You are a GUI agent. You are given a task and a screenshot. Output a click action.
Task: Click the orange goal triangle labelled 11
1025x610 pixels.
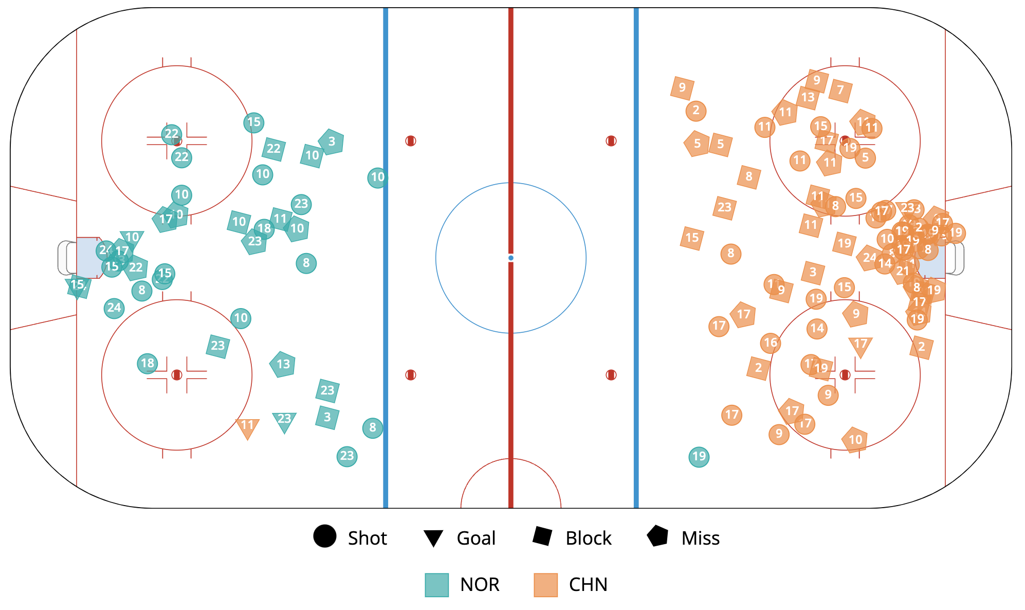[x=247, y=427]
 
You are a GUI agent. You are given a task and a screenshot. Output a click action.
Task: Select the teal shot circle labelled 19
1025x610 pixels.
[x=699, y=456]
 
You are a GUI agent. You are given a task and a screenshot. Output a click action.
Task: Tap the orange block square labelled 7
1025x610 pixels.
[x=840, y=91]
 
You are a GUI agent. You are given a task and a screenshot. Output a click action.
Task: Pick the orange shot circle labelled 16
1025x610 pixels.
[x=771, y=343]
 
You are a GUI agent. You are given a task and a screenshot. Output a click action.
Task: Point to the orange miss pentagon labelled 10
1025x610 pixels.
[x=855, y=440]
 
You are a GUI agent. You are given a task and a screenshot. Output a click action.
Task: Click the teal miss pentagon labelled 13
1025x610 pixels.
[x=283, y=364]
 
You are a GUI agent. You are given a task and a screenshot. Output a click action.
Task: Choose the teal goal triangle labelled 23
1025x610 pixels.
[x=284, y=421]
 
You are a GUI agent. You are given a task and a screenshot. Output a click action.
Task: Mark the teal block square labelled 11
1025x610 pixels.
[x=280, y=219]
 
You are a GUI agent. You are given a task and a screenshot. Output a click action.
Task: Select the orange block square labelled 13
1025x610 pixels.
[x=808, y=97]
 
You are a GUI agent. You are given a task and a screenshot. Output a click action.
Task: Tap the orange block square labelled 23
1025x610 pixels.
[x=724, y=207]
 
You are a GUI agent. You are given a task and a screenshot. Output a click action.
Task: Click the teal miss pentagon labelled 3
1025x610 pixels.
[x=332, y=141]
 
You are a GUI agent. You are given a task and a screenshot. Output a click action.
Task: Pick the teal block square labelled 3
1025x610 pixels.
[x=327, y=417]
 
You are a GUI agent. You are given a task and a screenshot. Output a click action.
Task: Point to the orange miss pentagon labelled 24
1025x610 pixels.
[x=868, y=258]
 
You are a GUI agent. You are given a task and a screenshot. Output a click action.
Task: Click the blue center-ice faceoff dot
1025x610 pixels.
[x=510, y=258]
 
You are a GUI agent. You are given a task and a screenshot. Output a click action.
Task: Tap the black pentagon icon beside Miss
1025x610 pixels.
[x=657, y=536]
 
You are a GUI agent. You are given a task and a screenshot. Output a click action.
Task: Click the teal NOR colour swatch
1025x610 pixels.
[x=436, y=585]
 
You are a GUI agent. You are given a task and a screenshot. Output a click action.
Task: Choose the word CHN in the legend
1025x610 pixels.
[x=588, y=585]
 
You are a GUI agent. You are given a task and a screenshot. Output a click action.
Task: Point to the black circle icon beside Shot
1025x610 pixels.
[x=325, y=536]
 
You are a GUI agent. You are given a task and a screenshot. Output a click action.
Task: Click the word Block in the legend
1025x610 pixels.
[x=588, y=539]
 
